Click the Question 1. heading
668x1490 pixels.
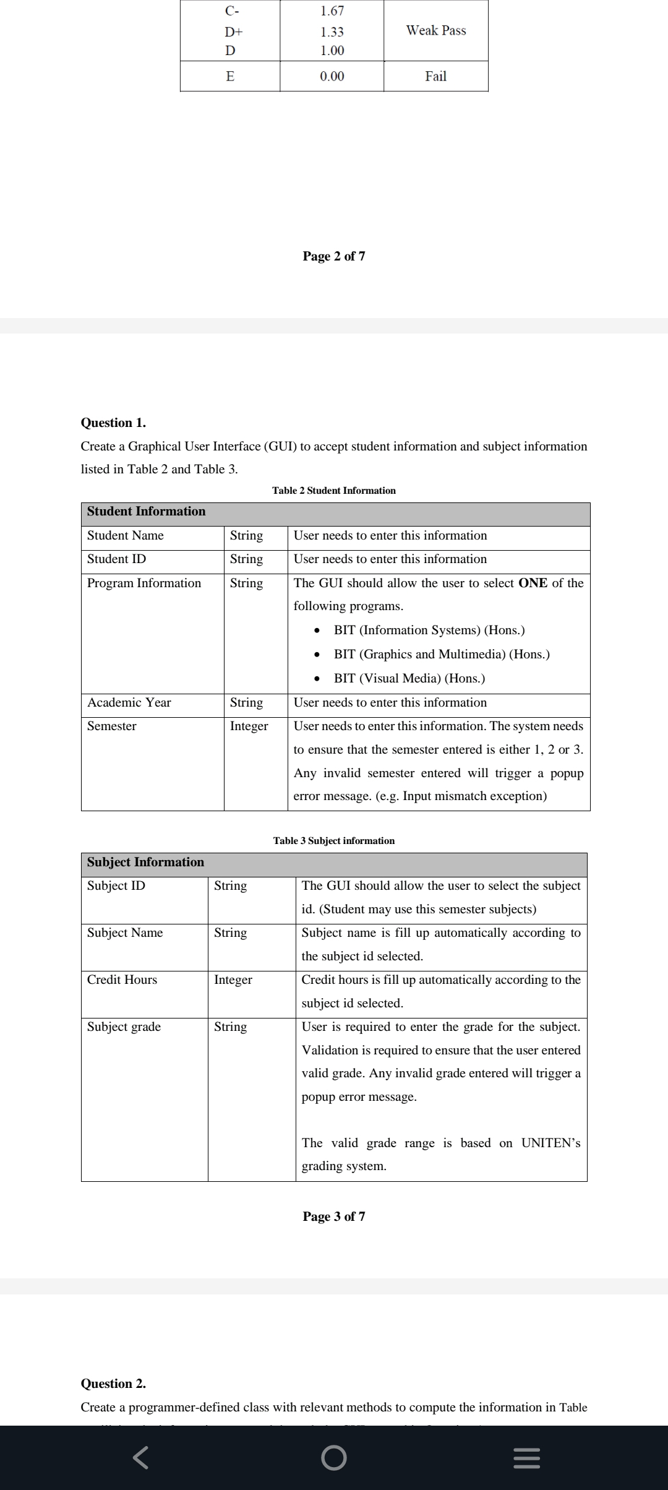click(113, 423)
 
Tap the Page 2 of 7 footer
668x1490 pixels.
click(333, 256)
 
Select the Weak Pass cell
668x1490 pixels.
click(435, 30)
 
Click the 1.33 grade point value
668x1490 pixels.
click(332, 32)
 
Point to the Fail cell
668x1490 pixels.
click(435, 76)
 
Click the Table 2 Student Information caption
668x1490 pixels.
click(333, 490)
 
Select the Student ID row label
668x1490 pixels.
click(117, 559)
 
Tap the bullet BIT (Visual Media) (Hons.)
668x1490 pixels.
click(409, 678)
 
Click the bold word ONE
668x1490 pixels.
click(533, 583)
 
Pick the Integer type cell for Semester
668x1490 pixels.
click(249, 726)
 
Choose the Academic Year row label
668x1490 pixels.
click(129, 702)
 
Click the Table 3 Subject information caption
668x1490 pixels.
click(333, 840)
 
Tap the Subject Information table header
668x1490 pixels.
click(145, 862)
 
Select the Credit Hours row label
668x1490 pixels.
click(122, 980)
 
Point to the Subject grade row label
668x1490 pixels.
click(124, 1027)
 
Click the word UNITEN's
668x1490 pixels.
click(550, 1143)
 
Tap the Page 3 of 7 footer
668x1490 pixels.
click(333, 1217)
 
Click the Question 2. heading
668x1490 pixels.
click(113, 1384)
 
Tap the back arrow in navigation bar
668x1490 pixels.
click(140, 1458)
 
